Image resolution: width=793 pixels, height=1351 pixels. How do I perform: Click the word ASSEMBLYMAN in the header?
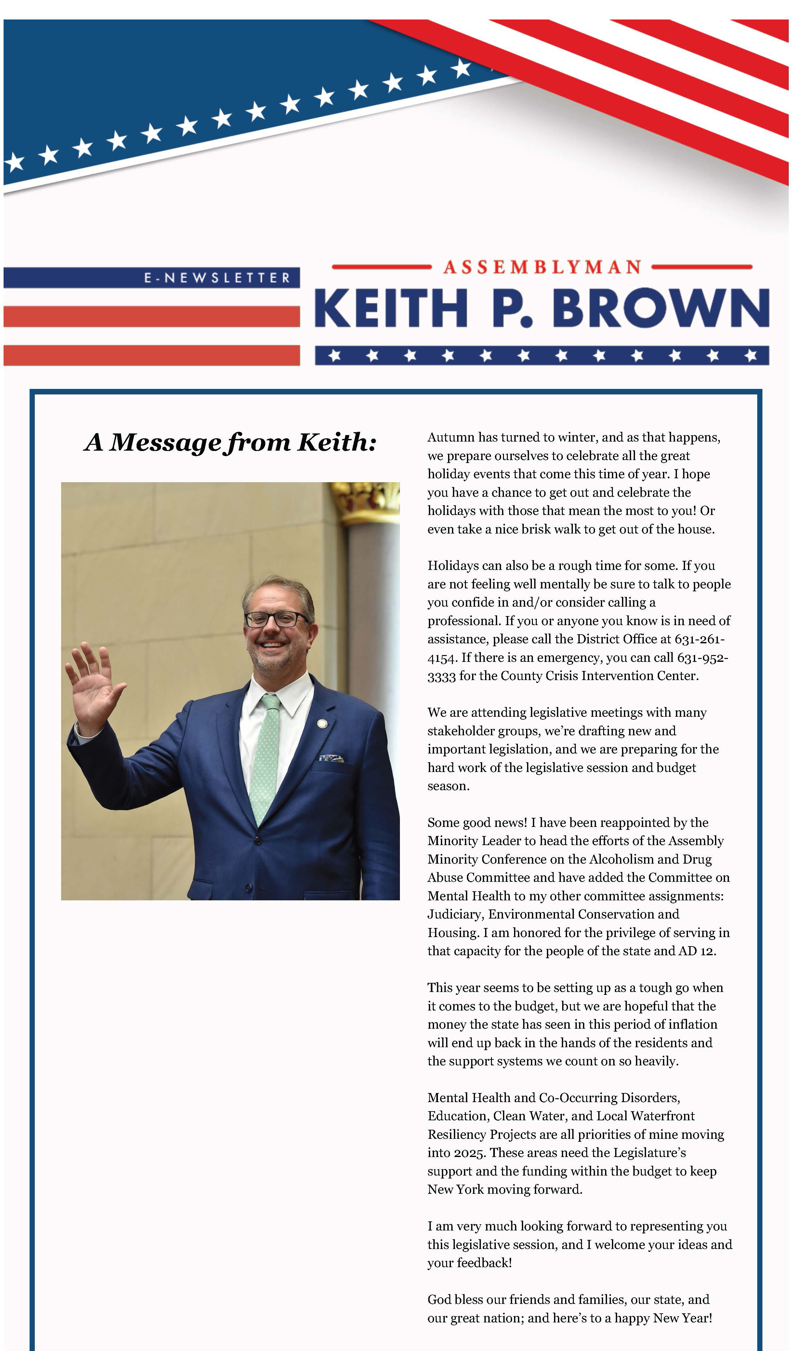click(542, 267)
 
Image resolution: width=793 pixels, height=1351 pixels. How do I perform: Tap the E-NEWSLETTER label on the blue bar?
click(217, 278)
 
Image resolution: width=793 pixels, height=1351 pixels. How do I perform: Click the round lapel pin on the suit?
click(323, 724)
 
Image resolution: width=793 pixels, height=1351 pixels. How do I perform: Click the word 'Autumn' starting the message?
click(451, 437)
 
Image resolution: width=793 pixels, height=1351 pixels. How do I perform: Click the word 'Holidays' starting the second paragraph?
click(451, 566)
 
